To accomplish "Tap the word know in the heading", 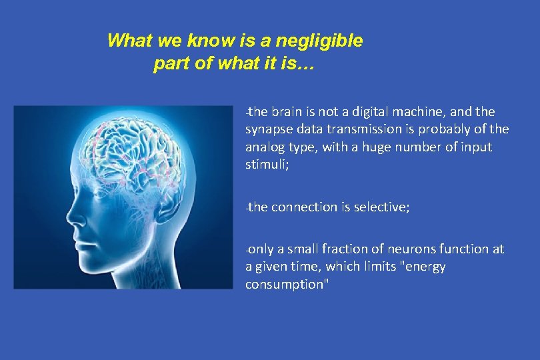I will pyautogui.click(x=207, y=41).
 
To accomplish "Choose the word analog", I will pyautogui.click(x=265, y=147).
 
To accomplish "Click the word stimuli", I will pyautogui.click(x=266, y=165).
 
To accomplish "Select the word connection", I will pyautogui.click(x=303, y=207).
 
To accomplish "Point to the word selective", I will pyautogui.click(x=384, y=207).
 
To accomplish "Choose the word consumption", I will pyautogui.click(x=287, y=284).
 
